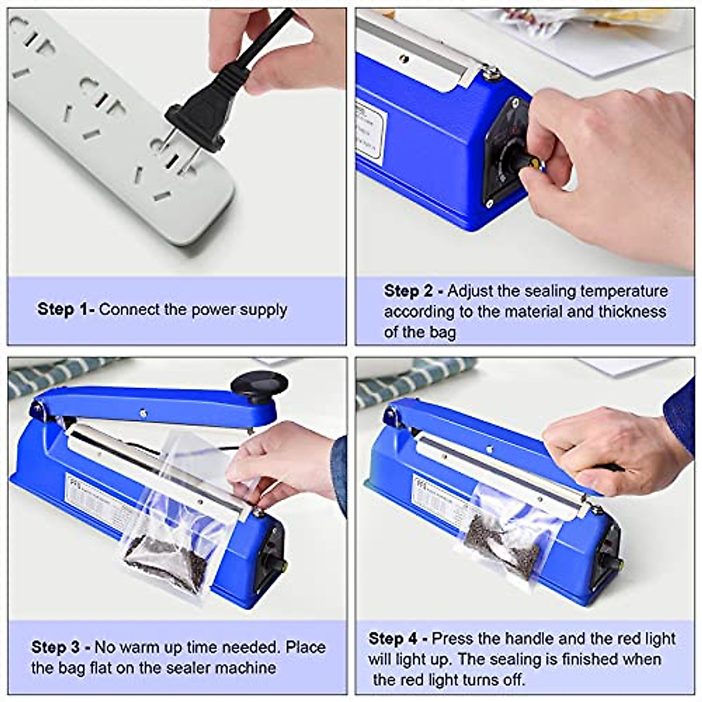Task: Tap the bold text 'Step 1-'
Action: [x=66, y=309]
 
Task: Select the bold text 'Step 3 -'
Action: [x=61, y=648]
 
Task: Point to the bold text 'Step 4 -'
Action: [x=398, y=638]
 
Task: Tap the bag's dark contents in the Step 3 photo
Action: [x=167, y=562]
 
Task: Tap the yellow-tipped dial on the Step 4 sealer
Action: [x=615, y=565]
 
